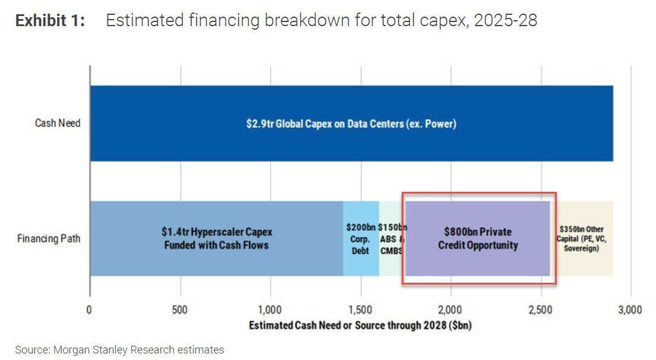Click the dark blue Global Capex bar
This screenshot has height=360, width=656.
tap(351, 124)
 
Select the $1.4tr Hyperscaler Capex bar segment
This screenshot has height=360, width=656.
tap(216, 238)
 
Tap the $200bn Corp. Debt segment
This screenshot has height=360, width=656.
tap(361, 238)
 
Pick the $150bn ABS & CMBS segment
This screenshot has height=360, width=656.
tap(392, 238)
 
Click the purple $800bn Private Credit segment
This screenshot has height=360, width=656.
tap(478, 238)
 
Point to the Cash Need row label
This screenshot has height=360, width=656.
tap(57, 124)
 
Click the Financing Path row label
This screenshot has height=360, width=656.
tap(49, 239)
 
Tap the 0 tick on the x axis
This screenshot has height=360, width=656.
tap(89, 310)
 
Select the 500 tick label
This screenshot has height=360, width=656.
tap(179, 310)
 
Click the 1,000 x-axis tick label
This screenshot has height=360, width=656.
tap(270, 310)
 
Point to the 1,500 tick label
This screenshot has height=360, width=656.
tap(360, 310)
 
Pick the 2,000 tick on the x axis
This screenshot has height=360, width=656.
tap(450, 310)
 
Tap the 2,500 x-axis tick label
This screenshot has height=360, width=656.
tap(541, 310)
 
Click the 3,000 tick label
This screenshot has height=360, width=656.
tap(630, 310)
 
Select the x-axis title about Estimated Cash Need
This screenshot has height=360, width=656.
tap(359, 326)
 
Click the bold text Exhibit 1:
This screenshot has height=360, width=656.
tap(50, 21)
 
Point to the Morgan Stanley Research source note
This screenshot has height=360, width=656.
tap(119, 350)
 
